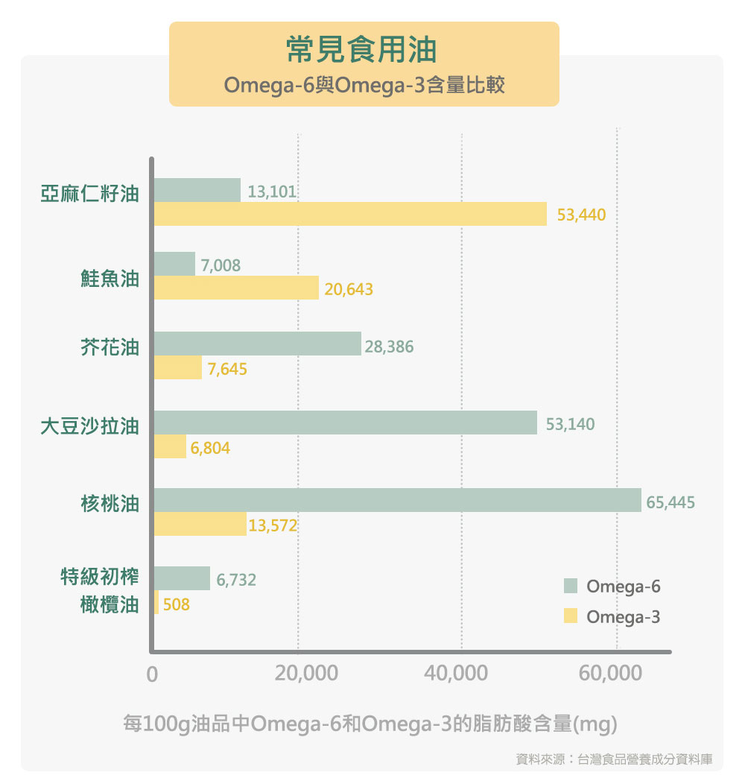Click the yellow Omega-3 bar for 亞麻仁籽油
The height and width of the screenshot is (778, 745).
pyautogui.click(x=350, y=215)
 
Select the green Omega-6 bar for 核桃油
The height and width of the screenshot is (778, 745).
pyautogui.click(x=398, y=500)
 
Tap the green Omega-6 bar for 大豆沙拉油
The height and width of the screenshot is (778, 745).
pyautogui.click(x=346, y=423)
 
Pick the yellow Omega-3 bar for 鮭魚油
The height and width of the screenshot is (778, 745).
pyautogui.click(x=236, y=288)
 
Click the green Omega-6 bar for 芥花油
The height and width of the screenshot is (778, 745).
pyautogui.click(x=258, y=344)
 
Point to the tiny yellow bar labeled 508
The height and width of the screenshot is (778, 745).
pyautogui.click(x=156, y=603)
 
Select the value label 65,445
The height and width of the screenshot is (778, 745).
pyautogui.click(x=670, y=503)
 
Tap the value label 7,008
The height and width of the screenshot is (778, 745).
pyautogui.click(x=221, y=265)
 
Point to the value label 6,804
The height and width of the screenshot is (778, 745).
pyautogui.click(x=210, y=449)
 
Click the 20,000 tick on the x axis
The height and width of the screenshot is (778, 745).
pyautogui.click(x=306, y=674)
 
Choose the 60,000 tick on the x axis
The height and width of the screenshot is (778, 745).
pyautogui.click(x=610, y=674)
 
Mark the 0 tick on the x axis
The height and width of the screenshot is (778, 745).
pyautogui.click(x=153, y=674)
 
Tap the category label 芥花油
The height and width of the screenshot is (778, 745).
pyautogui.click(x=110, y=347)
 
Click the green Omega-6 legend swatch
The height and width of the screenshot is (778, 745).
pyautogui.click(x=571, y=586)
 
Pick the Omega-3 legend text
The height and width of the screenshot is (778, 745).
pyautogui.click(x=623, y=617)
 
